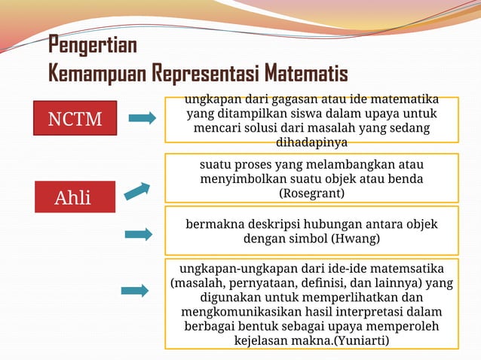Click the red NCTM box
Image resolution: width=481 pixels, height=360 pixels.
tap(75, 118)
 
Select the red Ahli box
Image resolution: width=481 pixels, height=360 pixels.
tap(72, 197)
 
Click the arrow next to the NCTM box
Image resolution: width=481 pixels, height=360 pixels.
tap(142, 117)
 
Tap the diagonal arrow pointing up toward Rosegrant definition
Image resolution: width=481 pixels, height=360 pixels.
tap(137, 191)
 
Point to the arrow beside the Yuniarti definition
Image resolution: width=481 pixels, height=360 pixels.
tap(135, 291)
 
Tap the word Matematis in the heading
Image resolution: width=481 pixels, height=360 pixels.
tap(305, 74)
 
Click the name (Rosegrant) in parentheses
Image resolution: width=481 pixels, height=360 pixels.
tap(311, 194)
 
